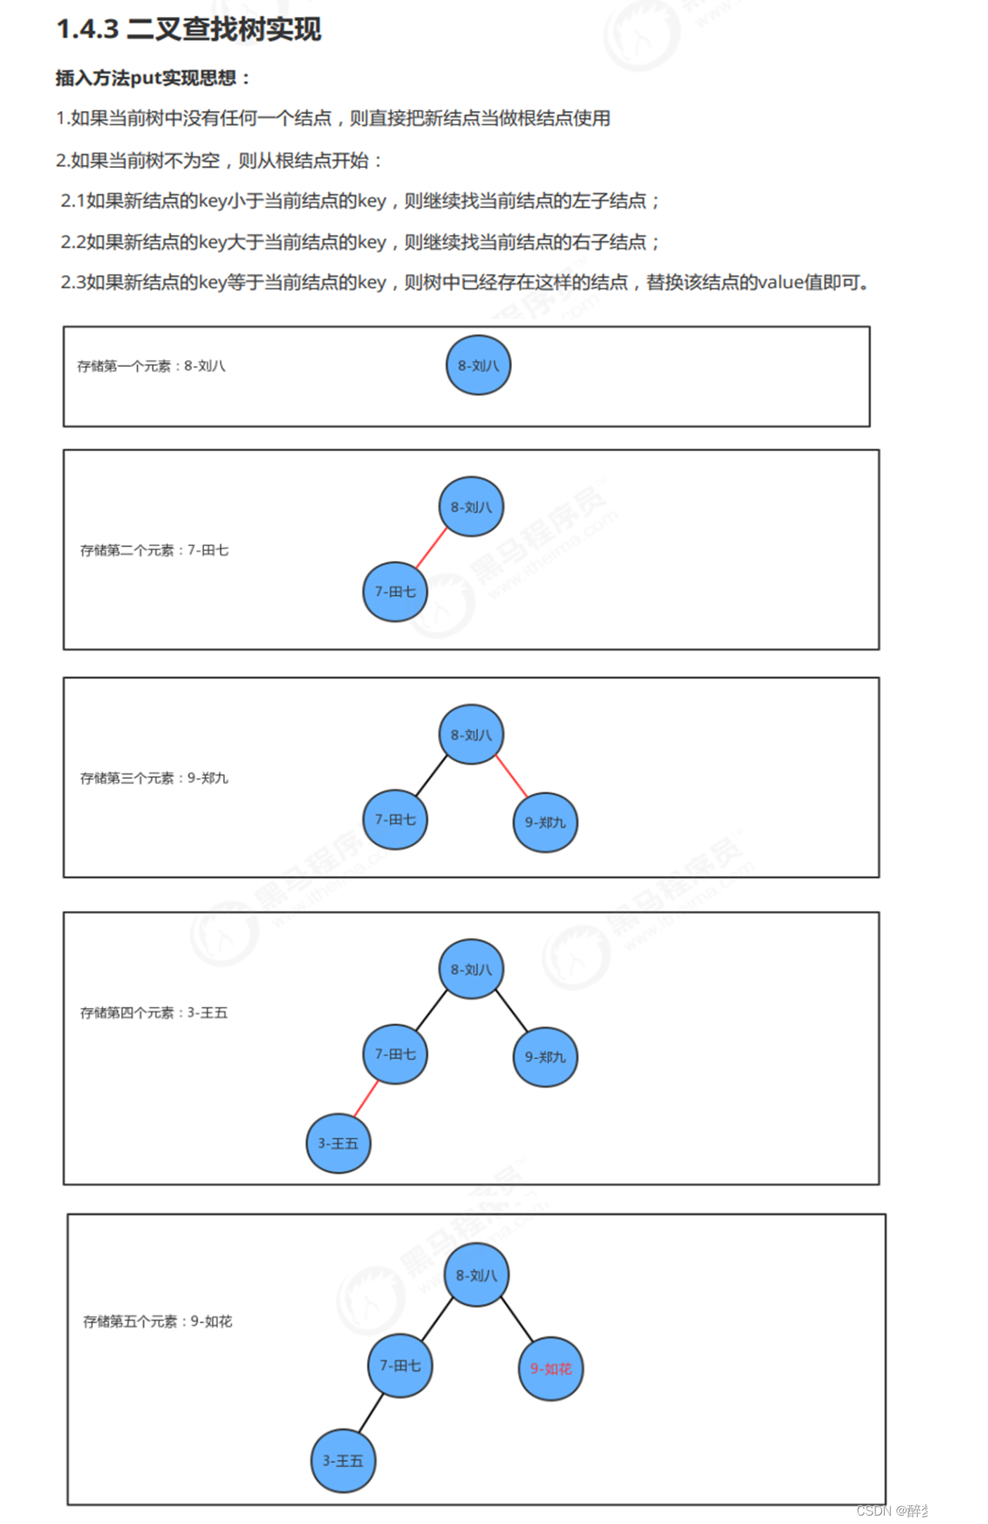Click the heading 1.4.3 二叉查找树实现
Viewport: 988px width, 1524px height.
click(x=188, y=30)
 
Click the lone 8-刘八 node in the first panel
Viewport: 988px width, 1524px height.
click(x=478, y=366)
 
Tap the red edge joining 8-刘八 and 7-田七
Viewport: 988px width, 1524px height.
click(x=431, y=548)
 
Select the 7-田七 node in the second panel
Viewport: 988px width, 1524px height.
click(x=395, y=592)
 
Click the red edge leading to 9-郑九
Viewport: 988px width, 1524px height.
click(x=511, y=776)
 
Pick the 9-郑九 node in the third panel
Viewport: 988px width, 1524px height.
click(x=545, y=822)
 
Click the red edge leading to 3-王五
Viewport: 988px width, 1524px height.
click(x=366, y=1099)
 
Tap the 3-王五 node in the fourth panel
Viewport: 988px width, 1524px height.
click(x=338, y=1143)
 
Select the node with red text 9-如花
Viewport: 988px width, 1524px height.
click(x=551, y=1369)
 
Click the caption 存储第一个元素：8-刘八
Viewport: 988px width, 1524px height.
click(x=151, y=366)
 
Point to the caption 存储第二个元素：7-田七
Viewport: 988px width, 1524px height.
click(x=154, y=550)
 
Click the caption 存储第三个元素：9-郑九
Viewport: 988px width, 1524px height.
click(x=154, y=778)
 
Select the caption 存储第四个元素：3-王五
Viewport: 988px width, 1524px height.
click(x=154, y=1013)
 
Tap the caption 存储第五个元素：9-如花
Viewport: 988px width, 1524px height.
click(x=158, y=1322)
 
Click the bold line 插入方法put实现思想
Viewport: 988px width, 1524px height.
click(x=153, y=78)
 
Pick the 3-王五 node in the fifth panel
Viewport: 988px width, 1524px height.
click(x=343, y=1461)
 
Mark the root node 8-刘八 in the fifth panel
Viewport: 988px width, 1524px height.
click(x=476, y=1275)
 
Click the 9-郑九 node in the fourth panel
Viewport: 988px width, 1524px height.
click(x=545, y=1057)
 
